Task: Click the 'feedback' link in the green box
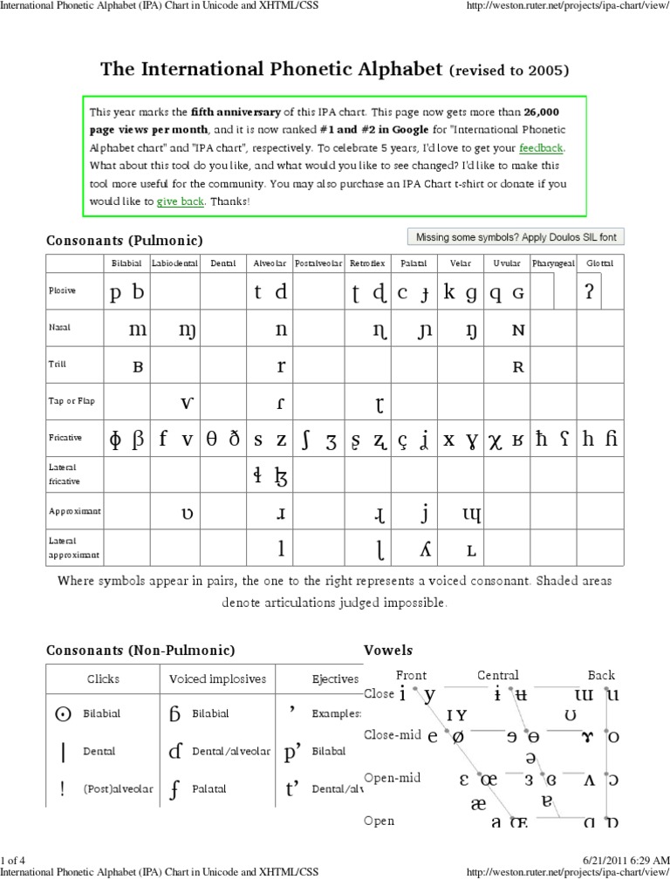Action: coord(541,148)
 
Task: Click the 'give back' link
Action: coord(180,201)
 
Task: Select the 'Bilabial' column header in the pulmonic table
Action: coord(126,262)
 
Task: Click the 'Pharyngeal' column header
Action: coord(553,262)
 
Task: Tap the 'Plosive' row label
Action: coord(62,291)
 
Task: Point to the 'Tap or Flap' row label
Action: coord(72,401)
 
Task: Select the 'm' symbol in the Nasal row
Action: coord(138,330)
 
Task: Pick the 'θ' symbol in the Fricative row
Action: coord(211,440)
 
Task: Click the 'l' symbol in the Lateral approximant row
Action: coord(281,549)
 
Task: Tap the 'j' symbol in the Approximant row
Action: coord(424,513)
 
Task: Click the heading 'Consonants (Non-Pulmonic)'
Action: coord(140,651)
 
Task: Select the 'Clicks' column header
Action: coord(103,678)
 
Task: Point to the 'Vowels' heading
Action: coord(387,651)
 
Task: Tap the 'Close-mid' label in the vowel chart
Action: coord(393,734)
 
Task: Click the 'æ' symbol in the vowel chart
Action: coord(478,802)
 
